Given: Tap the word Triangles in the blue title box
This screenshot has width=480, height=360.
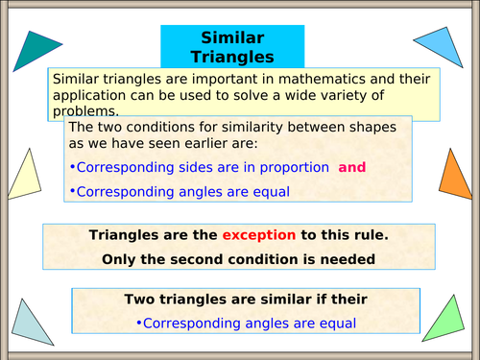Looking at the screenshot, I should tap(231, 57).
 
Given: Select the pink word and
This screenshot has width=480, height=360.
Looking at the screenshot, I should tap(352, 167).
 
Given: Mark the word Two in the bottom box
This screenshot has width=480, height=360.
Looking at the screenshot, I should tap(140, 300).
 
